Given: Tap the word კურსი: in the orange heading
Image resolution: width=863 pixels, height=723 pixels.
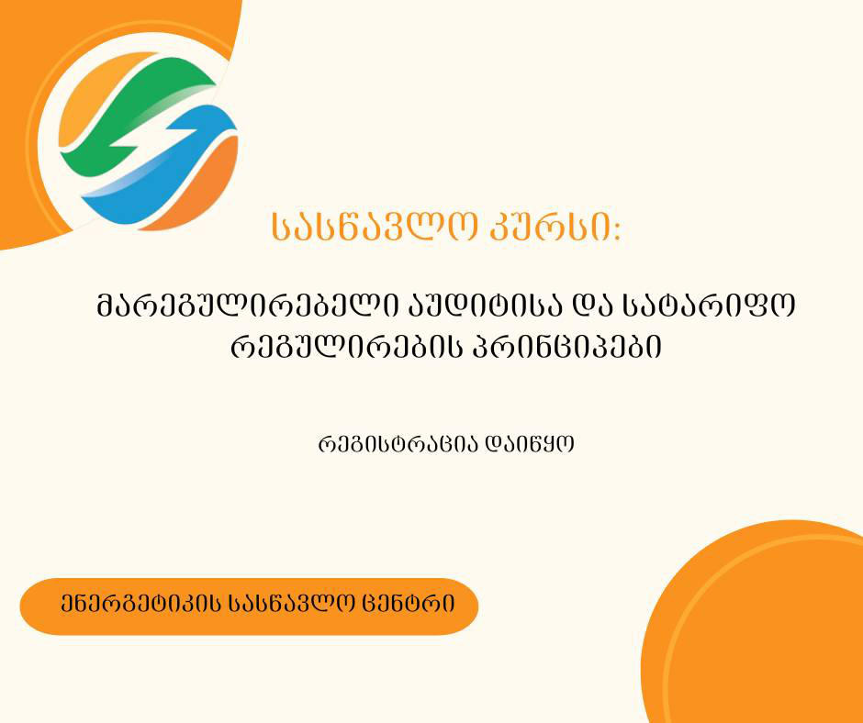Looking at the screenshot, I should click(x=559, y=228).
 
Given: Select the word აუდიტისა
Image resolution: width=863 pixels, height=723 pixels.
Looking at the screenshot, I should click(x=454, y=306).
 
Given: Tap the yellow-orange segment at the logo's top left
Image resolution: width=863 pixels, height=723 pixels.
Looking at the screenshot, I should click(x=87, y=96).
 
